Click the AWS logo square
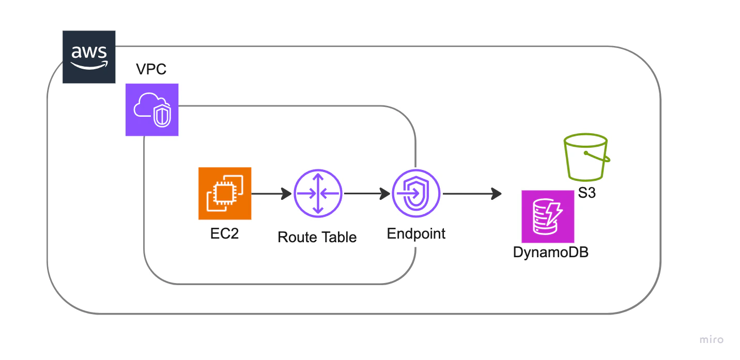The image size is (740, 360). point(89,57)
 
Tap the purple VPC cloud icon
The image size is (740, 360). point(152,109)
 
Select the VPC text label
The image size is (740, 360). point(151,69)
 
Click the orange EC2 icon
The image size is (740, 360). point(225,194)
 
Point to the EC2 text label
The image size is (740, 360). point(224,233)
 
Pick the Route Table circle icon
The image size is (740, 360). point(318,193)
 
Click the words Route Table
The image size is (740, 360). point(317,237)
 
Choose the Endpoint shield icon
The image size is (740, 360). point(416,193)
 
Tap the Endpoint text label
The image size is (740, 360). point(416,234)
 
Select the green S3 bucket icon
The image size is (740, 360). point(587,157)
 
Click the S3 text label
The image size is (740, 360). point(587,193)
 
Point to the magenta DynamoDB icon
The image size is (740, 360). point(548,216)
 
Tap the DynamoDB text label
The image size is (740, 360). point(551,253)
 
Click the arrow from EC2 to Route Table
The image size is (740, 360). point(271,194)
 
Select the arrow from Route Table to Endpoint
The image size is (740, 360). point(367,194)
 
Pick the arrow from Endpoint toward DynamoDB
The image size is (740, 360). point(472,194)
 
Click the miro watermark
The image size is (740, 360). point(712,339)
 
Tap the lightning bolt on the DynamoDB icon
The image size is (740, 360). point(553,213)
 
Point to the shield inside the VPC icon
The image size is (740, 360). point(162,116)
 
